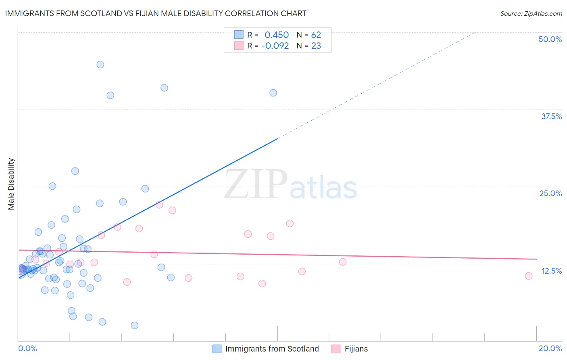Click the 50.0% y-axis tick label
tap(550, 39)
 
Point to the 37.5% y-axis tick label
tap(551, 116)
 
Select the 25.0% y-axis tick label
tap(550, 193)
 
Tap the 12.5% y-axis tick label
tap(551, 271)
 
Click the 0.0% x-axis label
tap(27, 348)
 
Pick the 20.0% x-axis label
tap(550, 348)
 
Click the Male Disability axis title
tap(11, 184)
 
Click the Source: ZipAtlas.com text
tap(531, 14)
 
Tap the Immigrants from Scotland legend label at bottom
tap(272, 349)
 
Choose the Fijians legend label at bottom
tap(356, 349)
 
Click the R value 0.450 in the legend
tap(277, 35)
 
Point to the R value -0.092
tap(275, 46)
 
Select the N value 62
tap(316, 35)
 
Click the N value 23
tap(316, 46)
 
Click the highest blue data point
tap(100, 65)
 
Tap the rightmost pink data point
tap(529, 276)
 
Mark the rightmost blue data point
tap(273, 93)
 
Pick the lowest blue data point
tap(135, 325)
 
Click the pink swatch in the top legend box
tap(239, 46)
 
